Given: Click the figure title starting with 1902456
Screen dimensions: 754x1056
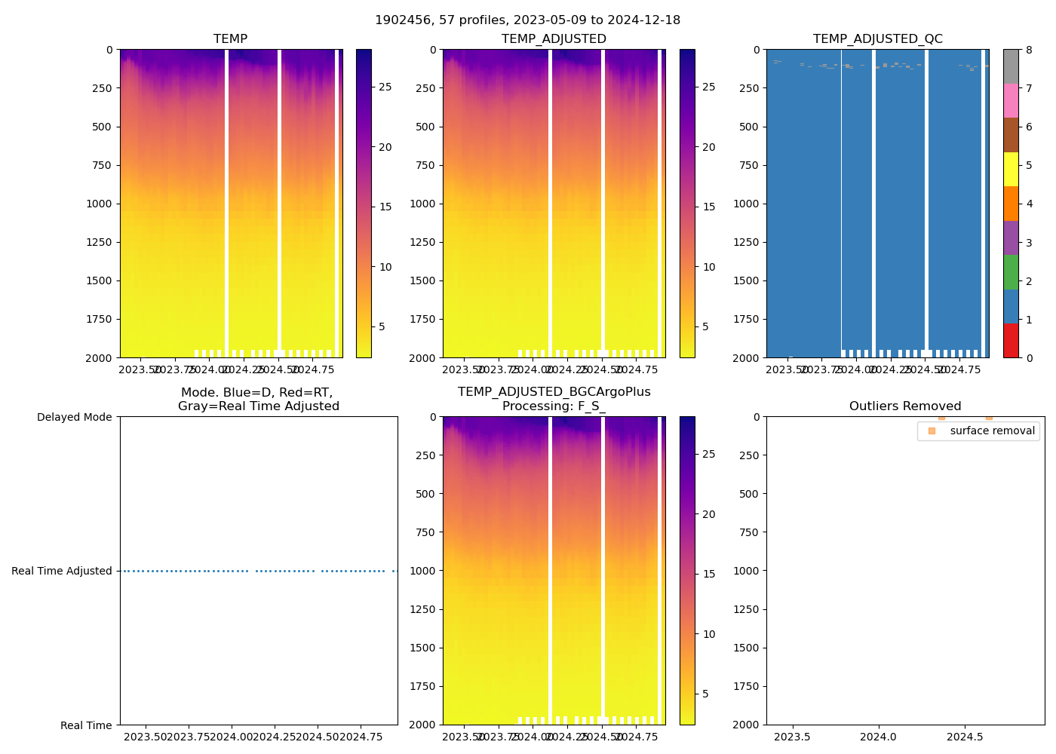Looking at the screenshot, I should (x=527, y=20).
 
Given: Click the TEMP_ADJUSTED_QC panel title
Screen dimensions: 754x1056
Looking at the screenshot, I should (x=877, y=39).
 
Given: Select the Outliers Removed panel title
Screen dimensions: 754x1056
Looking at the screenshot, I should (x=905, y=406).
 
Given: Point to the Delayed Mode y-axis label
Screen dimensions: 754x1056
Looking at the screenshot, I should (x=74, y=417).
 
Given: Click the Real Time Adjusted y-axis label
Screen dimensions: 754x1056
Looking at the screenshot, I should (x=61, y=571).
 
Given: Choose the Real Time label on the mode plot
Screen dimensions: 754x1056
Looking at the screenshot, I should (x=86, y=725).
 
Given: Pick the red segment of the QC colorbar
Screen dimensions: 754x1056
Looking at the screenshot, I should (x=1011, y=340).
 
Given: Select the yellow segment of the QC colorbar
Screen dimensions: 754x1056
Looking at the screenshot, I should (x=1011, y=169).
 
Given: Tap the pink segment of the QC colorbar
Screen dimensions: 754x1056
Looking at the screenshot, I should (x=1011, y=100).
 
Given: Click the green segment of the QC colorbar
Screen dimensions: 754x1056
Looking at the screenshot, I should (x=1011, y=271).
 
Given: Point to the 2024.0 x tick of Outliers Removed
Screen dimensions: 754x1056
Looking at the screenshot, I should (x=878, y=737).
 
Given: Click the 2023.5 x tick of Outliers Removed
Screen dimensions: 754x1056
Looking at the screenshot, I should (x=792, y=737).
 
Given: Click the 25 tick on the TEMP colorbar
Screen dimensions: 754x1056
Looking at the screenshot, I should (x=385, y=87).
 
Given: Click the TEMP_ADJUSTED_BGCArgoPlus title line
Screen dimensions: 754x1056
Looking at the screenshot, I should (x=554, y=392).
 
